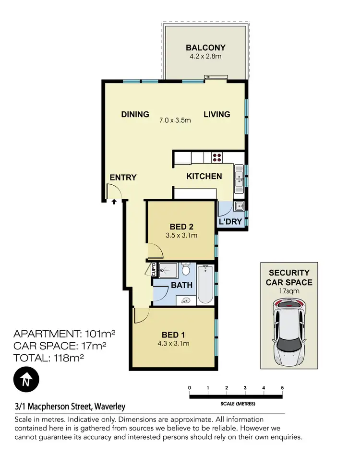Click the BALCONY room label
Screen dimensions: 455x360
(x=205, y=48)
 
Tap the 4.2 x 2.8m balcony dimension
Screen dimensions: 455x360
(x=205, y=57)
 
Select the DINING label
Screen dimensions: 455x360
(x=135, y=114)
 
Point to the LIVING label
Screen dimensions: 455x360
(x=216, y=114)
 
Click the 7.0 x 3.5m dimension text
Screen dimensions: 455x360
(x=175, y=120)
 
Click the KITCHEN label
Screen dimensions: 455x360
(x=204, y=176)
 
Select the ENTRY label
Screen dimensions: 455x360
(x=123, y=177)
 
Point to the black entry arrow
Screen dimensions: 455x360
(x=114, y=202)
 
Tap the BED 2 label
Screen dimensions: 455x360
(x=181, y=227)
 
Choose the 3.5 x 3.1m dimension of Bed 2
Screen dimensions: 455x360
(x=181, y=235)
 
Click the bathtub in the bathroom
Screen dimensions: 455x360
(x=205, y=285)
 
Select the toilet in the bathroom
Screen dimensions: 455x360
(x=186, y=271)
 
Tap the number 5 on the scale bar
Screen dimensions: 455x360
(x=282, y=388)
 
